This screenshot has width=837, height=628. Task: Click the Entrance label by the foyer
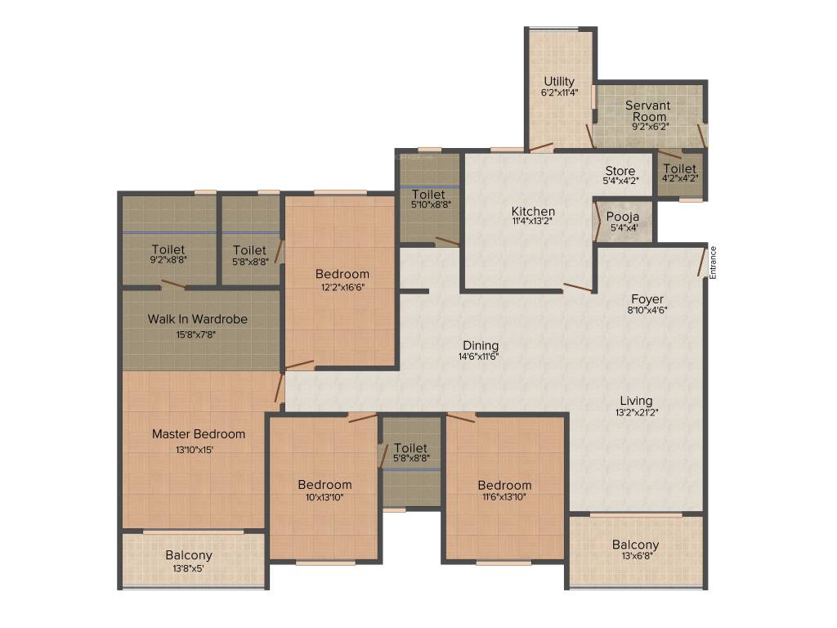[x=713, y=262]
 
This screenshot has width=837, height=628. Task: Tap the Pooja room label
[x=623, y=217]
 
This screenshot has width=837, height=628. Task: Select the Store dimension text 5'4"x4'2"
[x=620, y=181]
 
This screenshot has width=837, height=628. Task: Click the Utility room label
[x=559, y=82]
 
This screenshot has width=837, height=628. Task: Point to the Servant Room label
[x=647, y=110]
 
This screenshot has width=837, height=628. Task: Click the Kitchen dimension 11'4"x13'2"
[x=533, y=222]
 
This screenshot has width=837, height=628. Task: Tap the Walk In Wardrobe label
[x=197, y=319]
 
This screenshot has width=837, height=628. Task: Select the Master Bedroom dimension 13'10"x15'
[x=199, y=449]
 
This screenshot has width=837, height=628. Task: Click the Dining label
[x=481, y=346]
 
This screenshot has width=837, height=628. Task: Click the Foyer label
[x=647, y=299]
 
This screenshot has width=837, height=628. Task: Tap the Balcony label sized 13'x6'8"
[x=635, y=545]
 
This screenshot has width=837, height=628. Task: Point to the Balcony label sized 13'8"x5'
[x=188, y=555]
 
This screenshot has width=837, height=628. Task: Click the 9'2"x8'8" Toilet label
[x=168, y=249]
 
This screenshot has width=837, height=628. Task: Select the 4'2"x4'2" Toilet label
[x=680, y=168]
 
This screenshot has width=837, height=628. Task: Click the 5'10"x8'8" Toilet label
[x=428, y=195]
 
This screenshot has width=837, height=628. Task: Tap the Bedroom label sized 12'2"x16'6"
[x=343, y=274]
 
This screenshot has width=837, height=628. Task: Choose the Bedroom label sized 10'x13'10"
[x=325, y=484]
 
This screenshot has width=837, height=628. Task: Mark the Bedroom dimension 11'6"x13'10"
[x=504, y=496]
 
